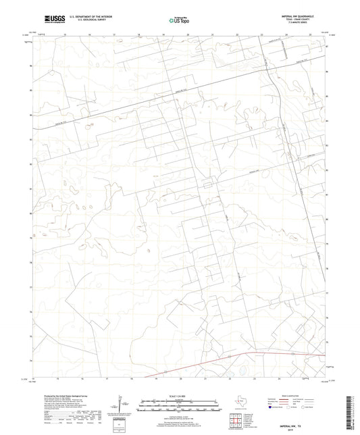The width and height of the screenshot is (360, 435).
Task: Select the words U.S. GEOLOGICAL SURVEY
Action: pyautogui.click(x=84, y=22)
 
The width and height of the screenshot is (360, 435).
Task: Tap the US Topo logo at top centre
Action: pyautogui.click(x=178, y=21)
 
